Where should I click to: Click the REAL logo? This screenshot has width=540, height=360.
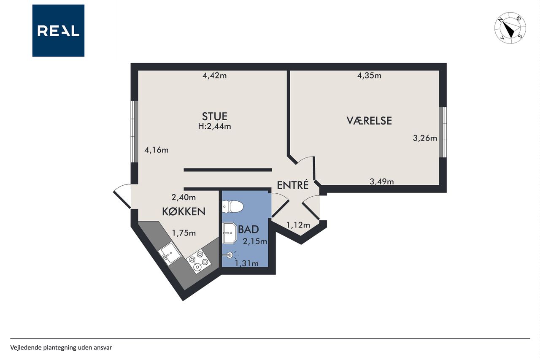pos(58,31)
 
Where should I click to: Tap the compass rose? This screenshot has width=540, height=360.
pos(510,28)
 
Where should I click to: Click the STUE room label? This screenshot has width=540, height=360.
pos(215,116)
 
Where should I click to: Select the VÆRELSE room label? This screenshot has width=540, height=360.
pos(369,121)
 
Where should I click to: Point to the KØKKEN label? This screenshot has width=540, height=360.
pos(184,212)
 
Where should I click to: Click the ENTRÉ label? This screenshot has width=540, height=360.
pos(293,185)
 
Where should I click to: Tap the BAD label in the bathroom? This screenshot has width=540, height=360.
pos(248,229)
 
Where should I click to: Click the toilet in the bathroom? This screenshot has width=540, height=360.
pos(232,207)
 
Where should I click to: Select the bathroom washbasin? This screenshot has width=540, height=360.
pos(229,233)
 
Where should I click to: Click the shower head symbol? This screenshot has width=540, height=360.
pos(230,255)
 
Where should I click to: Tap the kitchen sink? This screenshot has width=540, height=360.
pos(170,253)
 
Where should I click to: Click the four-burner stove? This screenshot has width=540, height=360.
pos(199,261)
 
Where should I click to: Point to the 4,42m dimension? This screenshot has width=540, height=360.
pos(215,76)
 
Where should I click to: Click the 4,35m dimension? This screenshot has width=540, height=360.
pos(369,76)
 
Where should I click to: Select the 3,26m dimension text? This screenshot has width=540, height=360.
pos(425,138)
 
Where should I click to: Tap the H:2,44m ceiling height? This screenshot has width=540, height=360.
pos(215,126)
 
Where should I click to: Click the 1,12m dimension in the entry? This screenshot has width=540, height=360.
pos(298,225)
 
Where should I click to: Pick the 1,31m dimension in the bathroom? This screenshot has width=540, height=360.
pos(247,263)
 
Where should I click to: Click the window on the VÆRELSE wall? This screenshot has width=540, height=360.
pos(443,132)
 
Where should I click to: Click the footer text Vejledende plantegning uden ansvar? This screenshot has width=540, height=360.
pos(61,347)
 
